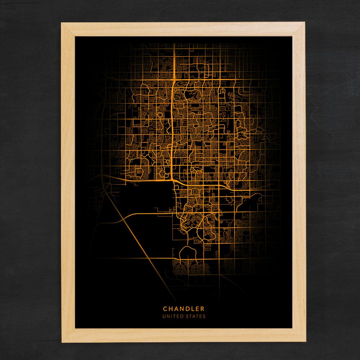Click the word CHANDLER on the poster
click(x=184, y=309)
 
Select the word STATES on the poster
click(x=194, y=316)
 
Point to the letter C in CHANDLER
click(x=165, y=309)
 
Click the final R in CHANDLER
click(x=203, y=309)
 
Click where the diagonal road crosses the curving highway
click(x=123, y=218)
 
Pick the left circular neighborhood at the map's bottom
click(x=179, y=268)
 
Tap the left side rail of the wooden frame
click(x=68, y=180)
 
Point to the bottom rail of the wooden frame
click(x=184, y=335)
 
